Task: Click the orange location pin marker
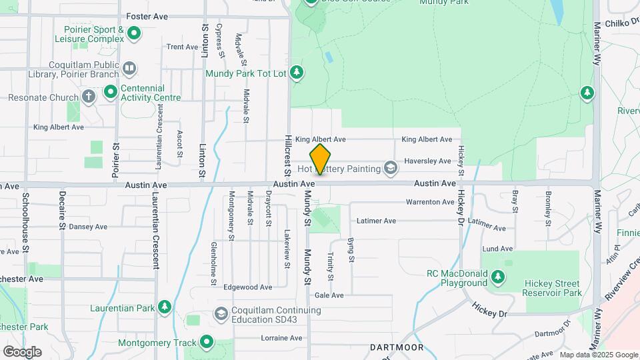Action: pyautogui.click(x=320, y=159)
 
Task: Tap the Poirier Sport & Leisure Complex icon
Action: pyautogui.click(x=134, y=32)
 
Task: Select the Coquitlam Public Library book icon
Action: pyautogui.click(x=130, y=67)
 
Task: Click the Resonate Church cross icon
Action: pyautogui.click(x=89, y=97)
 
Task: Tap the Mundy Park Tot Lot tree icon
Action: pyautogui.click(x=297, y=72)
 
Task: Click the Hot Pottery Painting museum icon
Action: pyautogui.click(x=390, y=168)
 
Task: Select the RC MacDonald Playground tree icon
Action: pyautogui.click(x=497, y=276)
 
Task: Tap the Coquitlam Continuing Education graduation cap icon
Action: pyautogui.click(x=221, y=313)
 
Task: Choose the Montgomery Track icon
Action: pyautogui.click(x=206, y=343)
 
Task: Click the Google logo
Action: pyautogui.click(x=22, y=351)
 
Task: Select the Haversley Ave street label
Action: pyautogui.click(x=428, y=161)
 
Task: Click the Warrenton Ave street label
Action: pyautogui.click(x=430, y=202)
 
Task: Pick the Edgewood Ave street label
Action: pyautogui.click(x=248, y=287)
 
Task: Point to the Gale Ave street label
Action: pyautogui.click(x=329, y=295)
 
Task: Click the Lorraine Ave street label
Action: pyautogui.click(x=281, y=337)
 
